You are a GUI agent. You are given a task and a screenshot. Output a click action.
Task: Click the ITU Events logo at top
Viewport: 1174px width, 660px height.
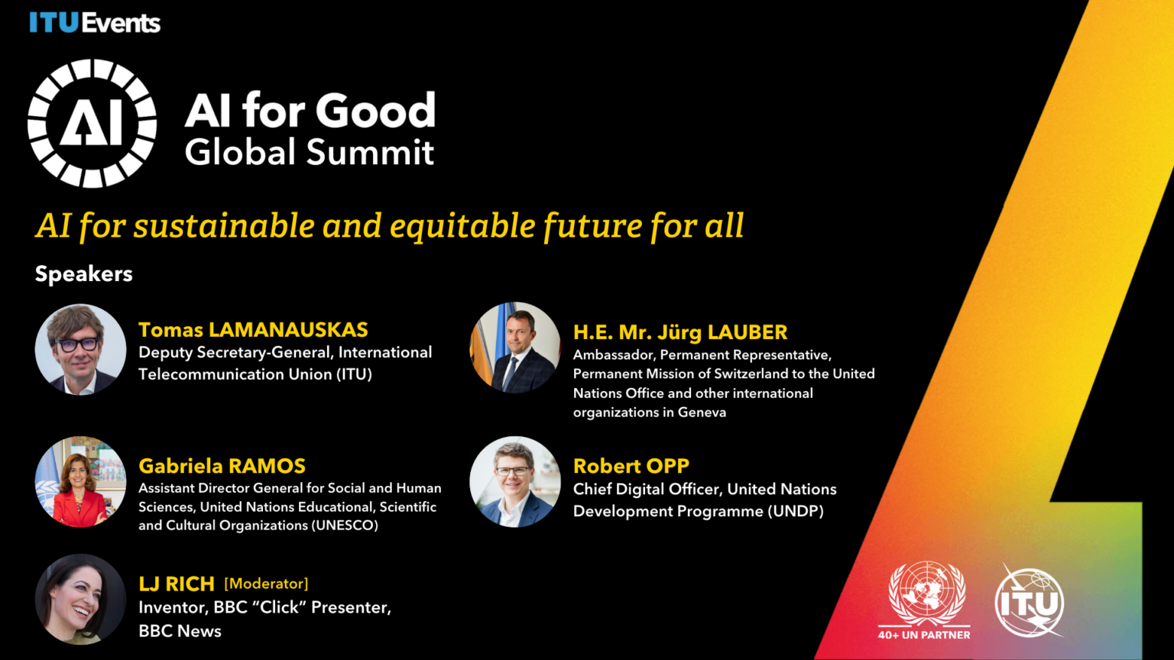(95, 23)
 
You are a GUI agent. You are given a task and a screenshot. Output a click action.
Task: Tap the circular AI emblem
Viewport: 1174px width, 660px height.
(92, 123)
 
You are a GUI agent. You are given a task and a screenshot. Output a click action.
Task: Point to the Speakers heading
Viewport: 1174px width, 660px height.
(84, 273)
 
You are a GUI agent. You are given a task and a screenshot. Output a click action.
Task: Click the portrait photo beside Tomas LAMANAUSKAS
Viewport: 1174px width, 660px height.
(80, 349)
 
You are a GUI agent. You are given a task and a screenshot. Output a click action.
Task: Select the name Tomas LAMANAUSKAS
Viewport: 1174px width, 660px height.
(253, 330)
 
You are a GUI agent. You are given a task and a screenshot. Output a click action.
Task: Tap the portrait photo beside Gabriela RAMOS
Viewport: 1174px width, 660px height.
(80, 481)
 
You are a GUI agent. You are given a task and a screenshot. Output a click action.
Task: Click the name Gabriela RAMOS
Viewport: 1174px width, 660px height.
(222, 466)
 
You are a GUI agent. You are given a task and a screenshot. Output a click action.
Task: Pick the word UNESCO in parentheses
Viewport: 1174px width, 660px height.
(345, 526)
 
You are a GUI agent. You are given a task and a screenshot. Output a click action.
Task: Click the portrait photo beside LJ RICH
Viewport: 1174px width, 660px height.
(80, 599)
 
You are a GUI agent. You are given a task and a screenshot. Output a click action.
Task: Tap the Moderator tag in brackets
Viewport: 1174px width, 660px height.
(266, 584)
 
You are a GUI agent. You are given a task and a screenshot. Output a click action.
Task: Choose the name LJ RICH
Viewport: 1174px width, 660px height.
(177, 584)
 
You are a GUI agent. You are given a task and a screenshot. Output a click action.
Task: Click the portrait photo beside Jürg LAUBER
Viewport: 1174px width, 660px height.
(515, 348)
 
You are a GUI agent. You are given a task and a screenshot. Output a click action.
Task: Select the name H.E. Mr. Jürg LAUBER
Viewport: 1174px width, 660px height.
(680, 332)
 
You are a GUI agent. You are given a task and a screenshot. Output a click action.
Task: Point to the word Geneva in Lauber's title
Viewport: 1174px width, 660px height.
(702, 412)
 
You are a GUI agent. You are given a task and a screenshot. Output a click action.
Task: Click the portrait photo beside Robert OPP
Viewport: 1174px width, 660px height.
(515, 481)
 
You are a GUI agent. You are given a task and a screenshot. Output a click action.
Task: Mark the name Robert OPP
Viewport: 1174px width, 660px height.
(631, 466)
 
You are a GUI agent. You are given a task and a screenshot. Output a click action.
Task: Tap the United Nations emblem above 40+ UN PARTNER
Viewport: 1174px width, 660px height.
(926, 594)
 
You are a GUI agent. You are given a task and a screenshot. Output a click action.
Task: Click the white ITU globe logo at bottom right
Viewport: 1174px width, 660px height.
(1030, 602)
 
